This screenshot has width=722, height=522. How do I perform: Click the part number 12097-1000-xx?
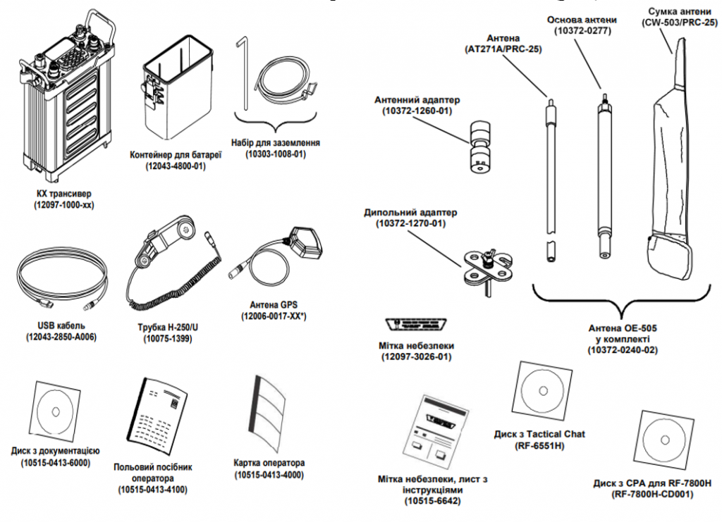point(63,205)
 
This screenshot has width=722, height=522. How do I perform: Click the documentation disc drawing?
point(54,409)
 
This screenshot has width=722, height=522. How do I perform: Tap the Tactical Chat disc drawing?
point(544,392)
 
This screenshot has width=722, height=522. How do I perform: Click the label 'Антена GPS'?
point(274,304)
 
